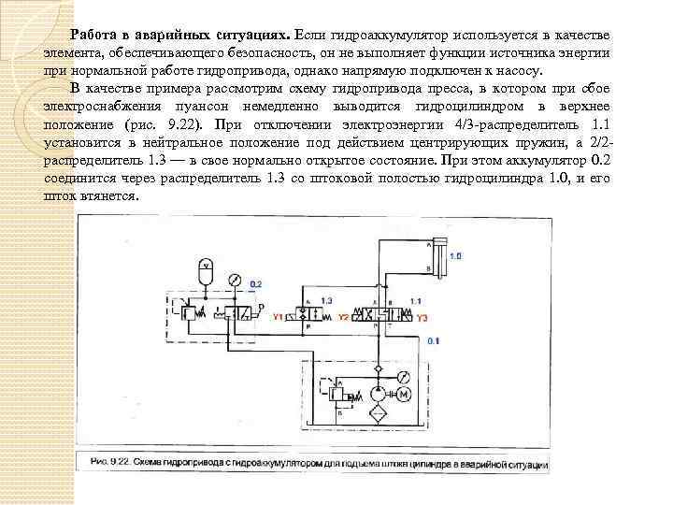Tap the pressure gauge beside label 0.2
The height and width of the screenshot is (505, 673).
tap(234, 280)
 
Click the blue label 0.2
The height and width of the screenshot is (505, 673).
tap(256, 282)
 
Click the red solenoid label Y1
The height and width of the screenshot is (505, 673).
tap(278, 318)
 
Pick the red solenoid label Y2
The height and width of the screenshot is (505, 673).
tap(343, 318)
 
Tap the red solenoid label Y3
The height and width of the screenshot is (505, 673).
tap(422, 318)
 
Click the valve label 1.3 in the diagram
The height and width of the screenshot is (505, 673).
tap(325, 299)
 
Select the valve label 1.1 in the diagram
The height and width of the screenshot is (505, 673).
tap(417, 299)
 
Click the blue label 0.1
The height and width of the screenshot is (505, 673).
tap(432, 342)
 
